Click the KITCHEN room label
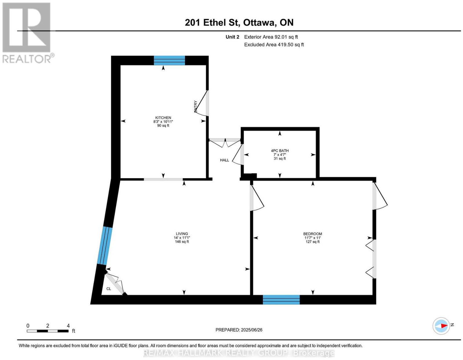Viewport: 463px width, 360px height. [163, 118]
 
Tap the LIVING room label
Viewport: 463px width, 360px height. [182, 234]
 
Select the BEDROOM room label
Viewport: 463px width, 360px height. [313, 234]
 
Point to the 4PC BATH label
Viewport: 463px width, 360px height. [280, 151]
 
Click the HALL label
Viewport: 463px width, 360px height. [225, 160]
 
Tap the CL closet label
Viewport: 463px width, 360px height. [109, 289]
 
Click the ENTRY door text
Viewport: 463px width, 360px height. [195, 106]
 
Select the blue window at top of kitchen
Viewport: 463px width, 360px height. [169, 60]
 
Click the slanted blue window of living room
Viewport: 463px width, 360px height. [105, 246]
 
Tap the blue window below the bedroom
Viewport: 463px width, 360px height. [281, 300]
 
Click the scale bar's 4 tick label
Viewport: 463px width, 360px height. [68, 326]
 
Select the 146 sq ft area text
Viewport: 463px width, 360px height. [182, 242]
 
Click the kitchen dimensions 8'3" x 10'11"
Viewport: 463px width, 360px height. [163, 121]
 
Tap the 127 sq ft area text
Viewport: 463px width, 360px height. [313, 242]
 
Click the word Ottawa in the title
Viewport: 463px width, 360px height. [259, 23]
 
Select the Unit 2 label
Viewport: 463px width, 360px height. [232, 37]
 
